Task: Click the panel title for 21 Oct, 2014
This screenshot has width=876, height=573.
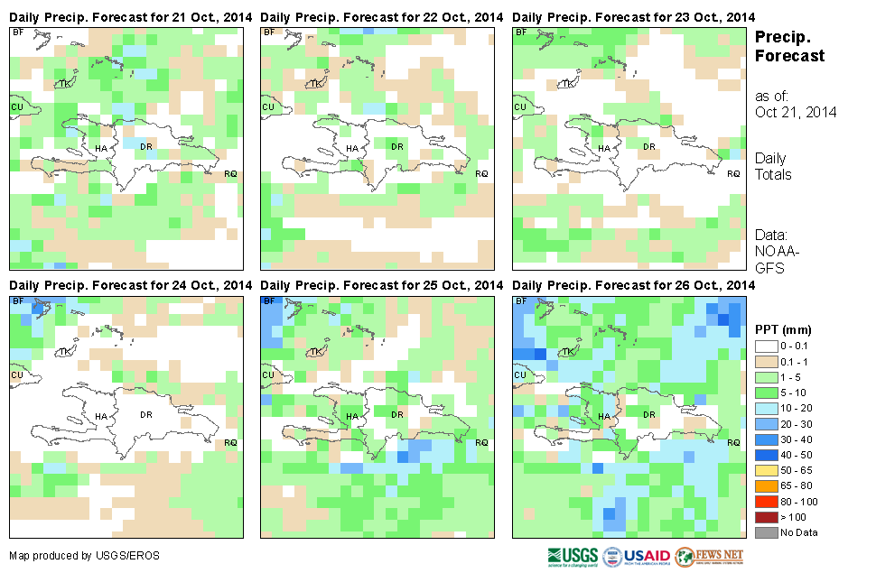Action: pos(130,17)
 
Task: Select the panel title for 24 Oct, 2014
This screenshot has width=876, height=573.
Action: pos(130,285)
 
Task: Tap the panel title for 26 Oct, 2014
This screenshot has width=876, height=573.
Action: pos(633,285)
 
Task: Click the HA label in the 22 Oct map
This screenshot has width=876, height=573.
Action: pos(352,148)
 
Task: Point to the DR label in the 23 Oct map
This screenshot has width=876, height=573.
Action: pos(648,146)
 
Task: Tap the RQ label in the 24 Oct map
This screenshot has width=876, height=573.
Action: pos(230,442)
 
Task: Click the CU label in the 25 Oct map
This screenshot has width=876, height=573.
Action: pos(268,375)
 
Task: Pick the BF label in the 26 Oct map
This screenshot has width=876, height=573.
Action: pos(520,301)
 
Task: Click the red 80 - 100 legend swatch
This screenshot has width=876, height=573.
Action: pos(766,501)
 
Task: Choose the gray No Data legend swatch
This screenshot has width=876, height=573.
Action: pos(766,531)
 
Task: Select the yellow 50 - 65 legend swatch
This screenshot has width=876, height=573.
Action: pos(766,470)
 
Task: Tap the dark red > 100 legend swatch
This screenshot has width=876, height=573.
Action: pos(766,516)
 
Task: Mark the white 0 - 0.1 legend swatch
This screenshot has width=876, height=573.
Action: pos(766,347)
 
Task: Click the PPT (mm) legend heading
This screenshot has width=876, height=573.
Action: pos(783,329)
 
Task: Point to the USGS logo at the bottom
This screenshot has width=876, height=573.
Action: pos(572,555)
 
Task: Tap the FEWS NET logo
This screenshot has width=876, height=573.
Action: pos(709,555)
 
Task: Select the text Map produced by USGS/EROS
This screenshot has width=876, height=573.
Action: pos(84,555)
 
